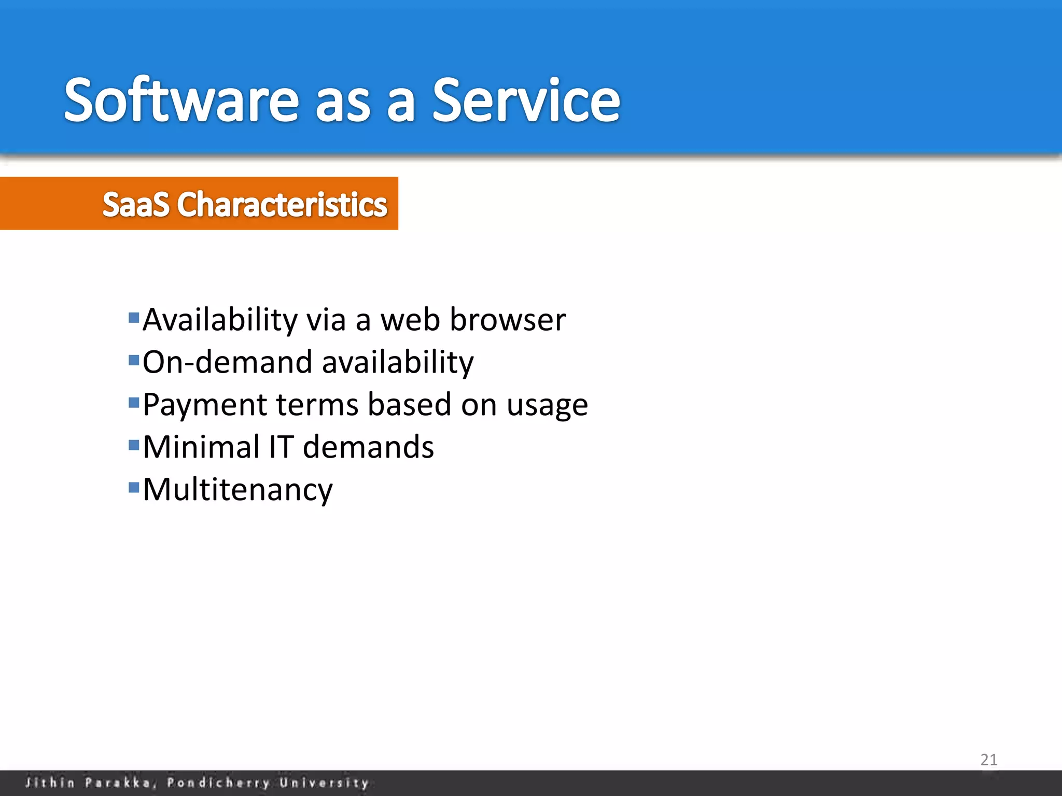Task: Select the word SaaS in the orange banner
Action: point(136,204)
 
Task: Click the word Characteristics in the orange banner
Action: point(282,204)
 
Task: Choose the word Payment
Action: point(204,404)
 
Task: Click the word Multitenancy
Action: point(237,490)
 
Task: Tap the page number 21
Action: point(989,760)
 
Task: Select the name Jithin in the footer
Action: point(50,783)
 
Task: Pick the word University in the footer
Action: point(324,783)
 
